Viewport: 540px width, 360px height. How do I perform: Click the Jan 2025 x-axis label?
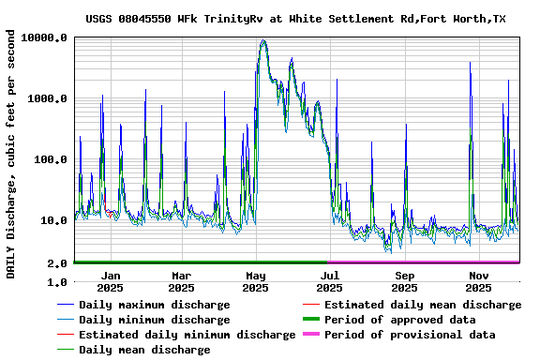click(111, 281)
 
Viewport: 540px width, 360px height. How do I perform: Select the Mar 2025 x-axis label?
click(183, 281)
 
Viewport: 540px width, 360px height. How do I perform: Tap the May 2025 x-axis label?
click(257, 281)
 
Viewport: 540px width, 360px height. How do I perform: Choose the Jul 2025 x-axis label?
click(331, 281)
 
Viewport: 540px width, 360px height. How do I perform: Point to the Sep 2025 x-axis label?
click(405, 281)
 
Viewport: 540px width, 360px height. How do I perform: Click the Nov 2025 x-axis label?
click(479, 281)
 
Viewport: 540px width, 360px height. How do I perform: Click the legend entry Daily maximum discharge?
click(154, 305)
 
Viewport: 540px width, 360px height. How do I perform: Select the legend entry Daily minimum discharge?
click(154, 320)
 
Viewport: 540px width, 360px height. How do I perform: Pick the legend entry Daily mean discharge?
click(144, 350)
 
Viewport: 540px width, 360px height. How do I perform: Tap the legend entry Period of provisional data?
click(410, 335)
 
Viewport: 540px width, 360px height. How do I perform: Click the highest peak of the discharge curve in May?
click(263, 40)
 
